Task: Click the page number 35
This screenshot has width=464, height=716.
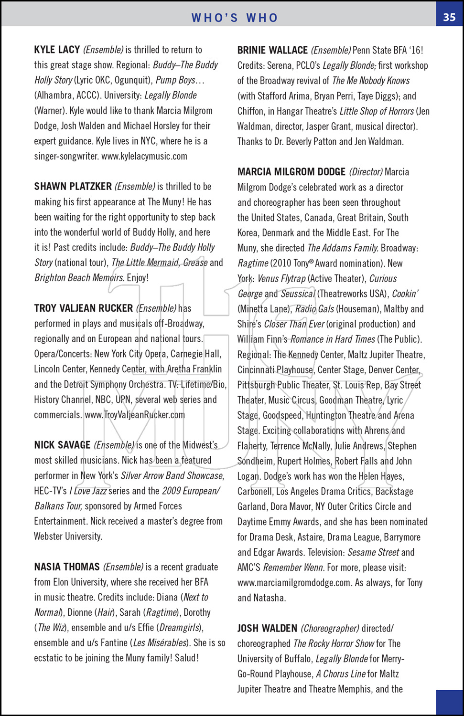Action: [449, 17]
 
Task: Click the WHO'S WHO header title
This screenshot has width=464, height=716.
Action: [234, 18]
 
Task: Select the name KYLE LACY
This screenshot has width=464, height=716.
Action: [57, 50]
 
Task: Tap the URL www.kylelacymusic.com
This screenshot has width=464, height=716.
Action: [144, 156]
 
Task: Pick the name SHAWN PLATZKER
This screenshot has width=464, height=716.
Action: [73, 187]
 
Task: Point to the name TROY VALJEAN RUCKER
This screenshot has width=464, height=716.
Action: [83, 308]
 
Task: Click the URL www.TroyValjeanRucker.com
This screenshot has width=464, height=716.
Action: [135, 415]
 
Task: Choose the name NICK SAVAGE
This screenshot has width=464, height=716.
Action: [62, 445]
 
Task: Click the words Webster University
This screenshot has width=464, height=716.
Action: [68, 536]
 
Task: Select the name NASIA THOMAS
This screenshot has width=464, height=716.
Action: [67, 567]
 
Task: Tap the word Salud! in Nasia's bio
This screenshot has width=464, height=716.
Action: [187, 658]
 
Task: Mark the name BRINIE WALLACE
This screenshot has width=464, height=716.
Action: [272, 50]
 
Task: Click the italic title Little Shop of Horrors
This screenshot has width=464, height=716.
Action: [377, 111]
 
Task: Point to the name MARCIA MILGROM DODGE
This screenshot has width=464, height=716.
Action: [291, 172]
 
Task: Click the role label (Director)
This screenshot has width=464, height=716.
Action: [366, 172]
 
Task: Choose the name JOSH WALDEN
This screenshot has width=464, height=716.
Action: [267, 628]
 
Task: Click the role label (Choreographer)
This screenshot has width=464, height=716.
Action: [330, 628]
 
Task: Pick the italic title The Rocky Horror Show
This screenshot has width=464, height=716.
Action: [334, 643]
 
